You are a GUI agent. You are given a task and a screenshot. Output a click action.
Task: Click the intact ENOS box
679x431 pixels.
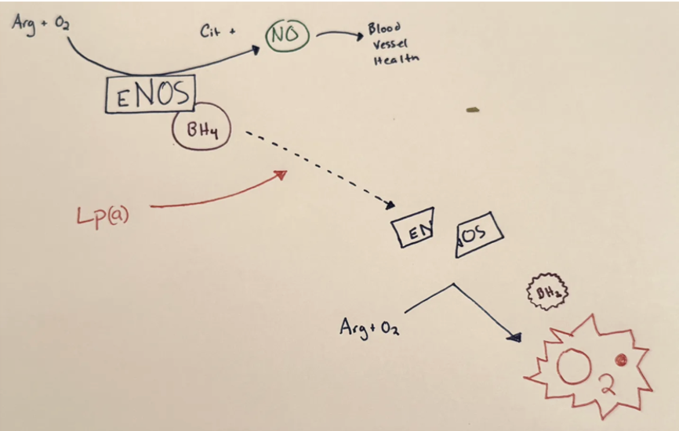coord(149,95)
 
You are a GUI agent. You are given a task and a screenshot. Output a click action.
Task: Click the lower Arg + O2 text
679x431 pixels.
coord(368,326)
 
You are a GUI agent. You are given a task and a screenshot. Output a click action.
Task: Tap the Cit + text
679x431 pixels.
coord(218,32)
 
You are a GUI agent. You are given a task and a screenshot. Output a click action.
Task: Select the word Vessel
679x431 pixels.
coord(389,45)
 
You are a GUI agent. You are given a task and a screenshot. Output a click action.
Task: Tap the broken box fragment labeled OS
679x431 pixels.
coord(479,233)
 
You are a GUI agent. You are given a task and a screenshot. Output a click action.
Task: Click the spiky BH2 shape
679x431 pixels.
coord(546,292)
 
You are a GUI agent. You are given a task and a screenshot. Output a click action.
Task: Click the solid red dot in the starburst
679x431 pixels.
coord(621,360)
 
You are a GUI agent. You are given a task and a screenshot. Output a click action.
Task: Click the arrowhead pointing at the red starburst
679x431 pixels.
coord(514,337)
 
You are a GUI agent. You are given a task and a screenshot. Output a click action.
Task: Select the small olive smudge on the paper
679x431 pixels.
coord(472,110)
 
